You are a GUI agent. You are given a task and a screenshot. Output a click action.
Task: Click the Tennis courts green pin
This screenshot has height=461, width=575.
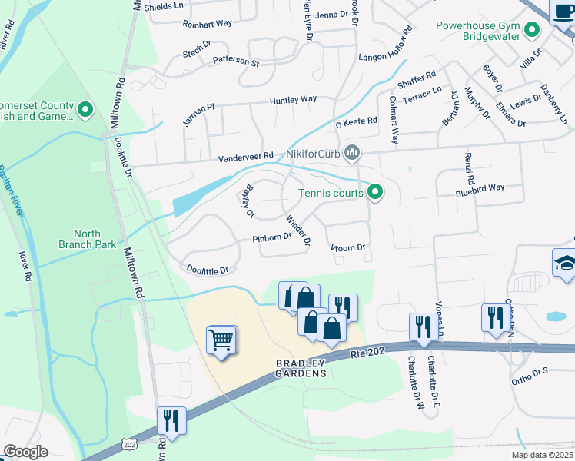pos(375,192)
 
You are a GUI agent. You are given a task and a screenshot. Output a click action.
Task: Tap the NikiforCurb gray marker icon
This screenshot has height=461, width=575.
pos(353,154)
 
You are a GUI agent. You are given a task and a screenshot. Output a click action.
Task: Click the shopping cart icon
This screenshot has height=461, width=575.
pos(221,339)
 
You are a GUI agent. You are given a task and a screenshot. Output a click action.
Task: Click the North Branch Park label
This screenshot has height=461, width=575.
pos(95,239)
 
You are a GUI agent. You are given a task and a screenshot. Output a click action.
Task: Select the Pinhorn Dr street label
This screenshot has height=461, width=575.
pos(271,238)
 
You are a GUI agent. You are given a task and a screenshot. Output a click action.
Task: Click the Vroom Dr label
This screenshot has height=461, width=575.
pos(347,247)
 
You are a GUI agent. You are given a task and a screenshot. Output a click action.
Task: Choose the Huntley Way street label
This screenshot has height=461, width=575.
pos(293,100)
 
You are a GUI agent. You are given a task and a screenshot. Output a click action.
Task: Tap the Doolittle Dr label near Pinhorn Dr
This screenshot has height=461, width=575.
pos(208,270)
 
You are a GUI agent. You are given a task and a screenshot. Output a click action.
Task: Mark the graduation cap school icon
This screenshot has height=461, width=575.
pos(563,262)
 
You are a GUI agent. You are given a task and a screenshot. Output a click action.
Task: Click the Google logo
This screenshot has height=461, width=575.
pos(25,452)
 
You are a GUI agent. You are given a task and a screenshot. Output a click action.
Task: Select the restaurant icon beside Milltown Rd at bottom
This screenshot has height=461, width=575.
pos(171,420)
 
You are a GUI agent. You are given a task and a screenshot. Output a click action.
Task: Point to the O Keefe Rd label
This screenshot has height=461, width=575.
pos(355,121)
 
